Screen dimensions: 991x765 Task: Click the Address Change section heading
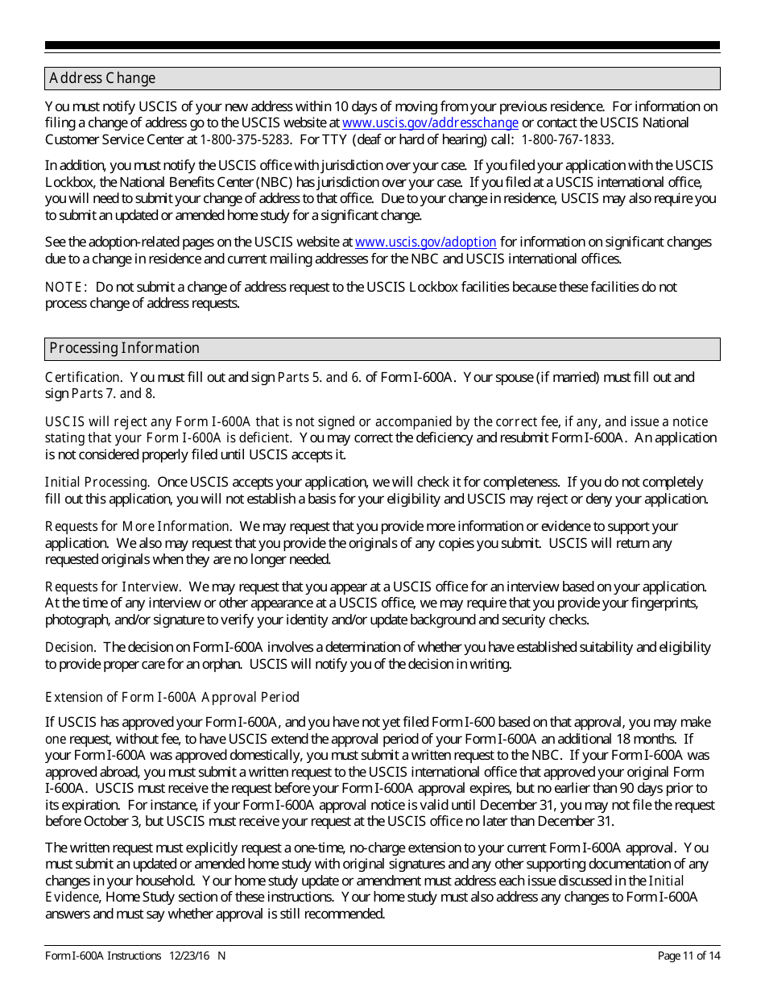[x=102, y=78]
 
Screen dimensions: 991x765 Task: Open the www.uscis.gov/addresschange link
[x=430, y=123]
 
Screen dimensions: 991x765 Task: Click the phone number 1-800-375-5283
[x=246, y=140]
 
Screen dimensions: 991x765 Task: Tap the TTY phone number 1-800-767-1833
[x=566, y=140]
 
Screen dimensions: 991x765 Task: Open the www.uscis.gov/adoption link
[x=425, y=243]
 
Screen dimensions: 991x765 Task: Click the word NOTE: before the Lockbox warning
[x=65, y=287]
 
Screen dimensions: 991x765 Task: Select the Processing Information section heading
[x=124, y=348]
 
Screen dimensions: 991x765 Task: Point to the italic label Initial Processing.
[x=97, y=483]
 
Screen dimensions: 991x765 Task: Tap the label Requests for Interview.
[x=113, y=587]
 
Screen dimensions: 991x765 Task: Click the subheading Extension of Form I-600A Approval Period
[x=172, y=697]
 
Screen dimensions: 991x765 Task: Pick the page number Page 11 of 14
[x=688, y=956]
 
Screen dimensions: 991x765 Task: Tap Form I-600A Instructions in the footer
[x=103, y=956]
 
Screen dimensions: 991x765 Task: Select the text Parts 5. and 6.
[x=319, y=377]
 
